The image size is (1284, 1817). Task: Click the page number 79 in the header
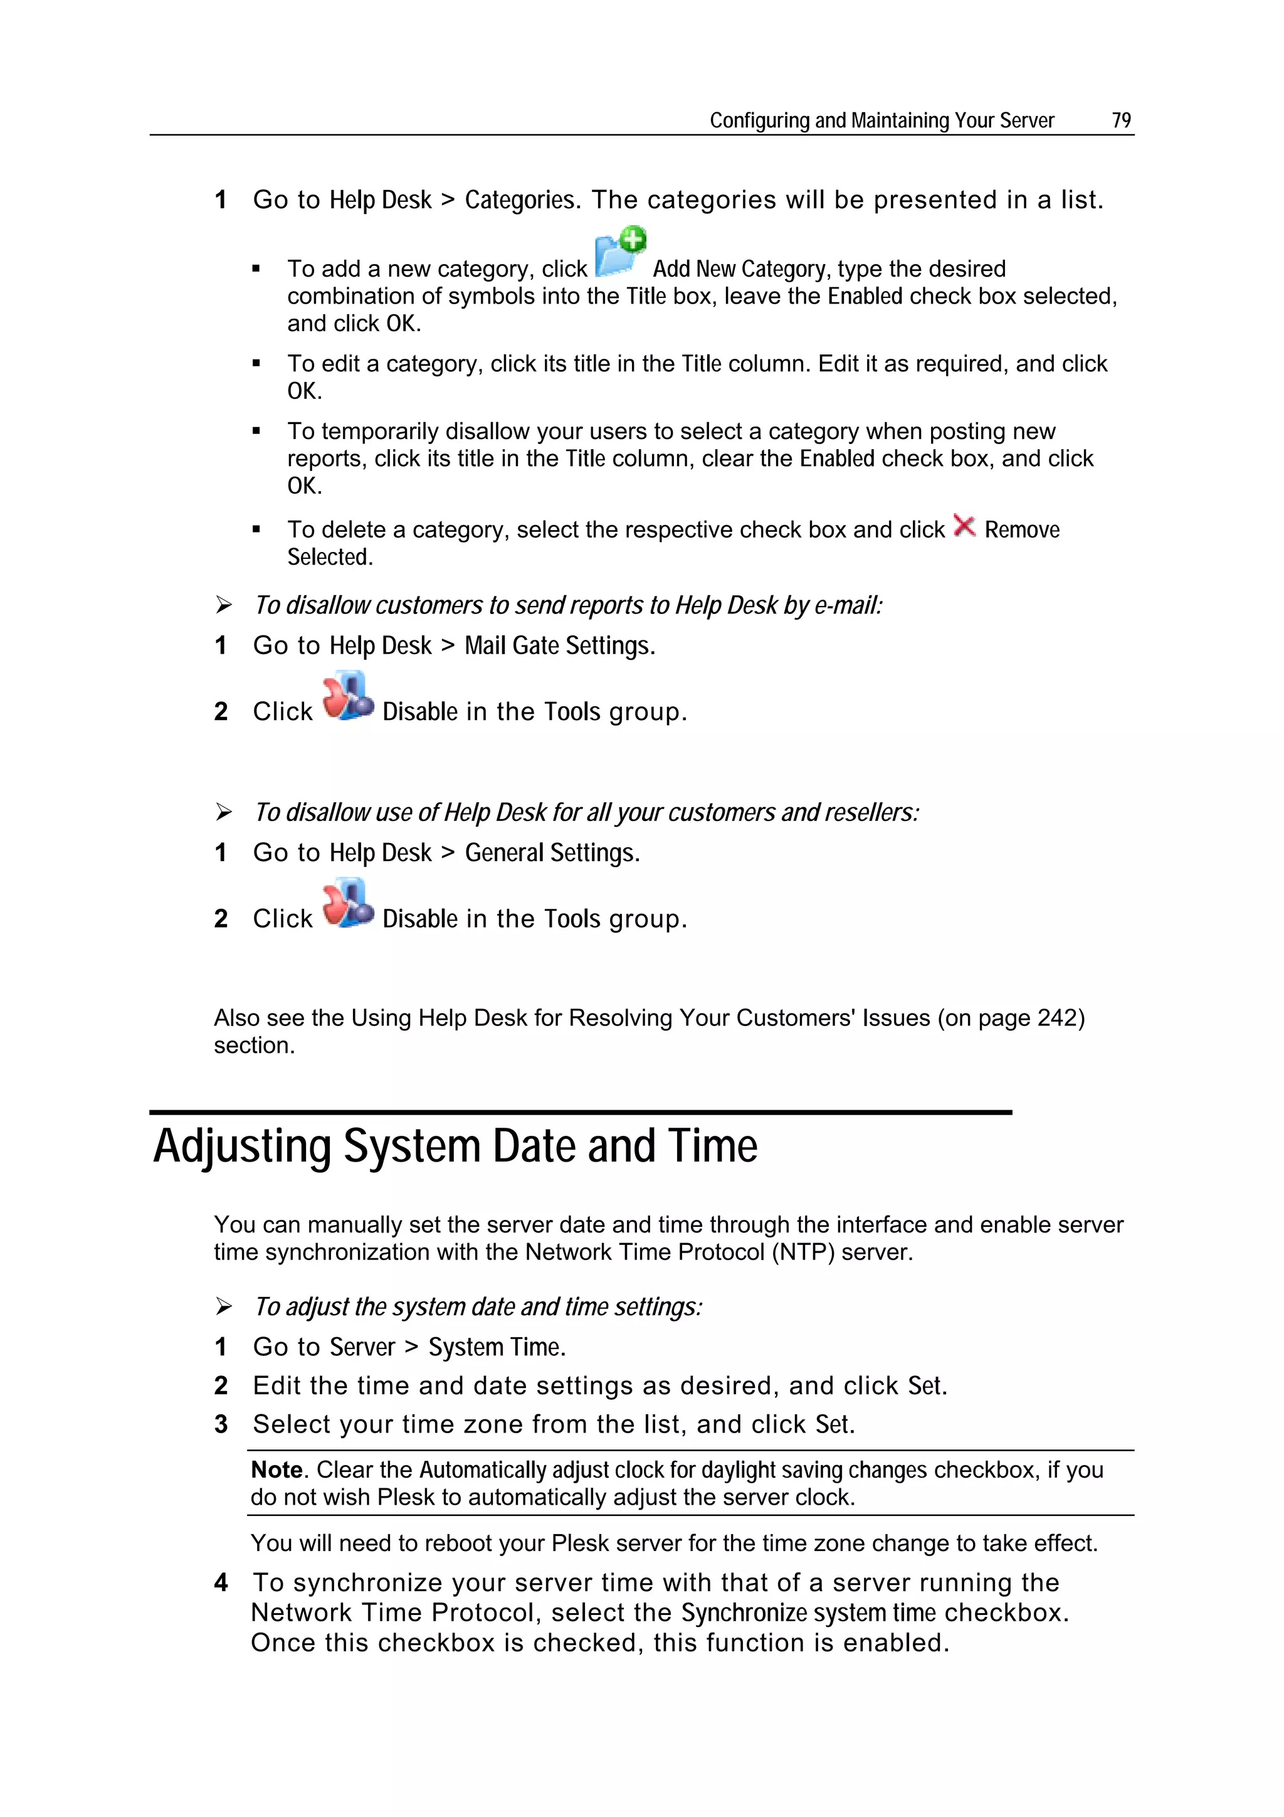click(1121, 120)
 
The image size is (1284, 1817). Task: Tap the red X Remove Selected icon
click(964, 526)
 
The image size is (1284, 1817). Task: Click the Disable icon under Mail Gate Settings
click(347, 696)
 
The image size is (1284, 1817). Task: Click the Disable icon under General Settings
click(347, 903)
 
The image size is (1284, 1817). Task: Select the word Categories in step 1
click(520, 200)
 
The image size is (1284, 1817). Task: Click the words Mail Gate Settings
click(559, 646)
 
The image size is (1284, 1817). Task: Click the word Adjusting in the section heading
click(242, 1147)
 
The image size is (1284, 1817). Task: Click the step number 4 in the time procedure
click(221, 1583)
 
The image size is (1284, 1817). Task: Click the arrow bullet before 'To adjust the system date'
click(224, 1306)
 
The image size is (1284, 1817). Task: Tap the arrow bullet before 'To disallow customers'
click(224, 605)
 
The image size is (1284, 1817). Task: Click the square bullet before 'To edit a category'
click(256, 364)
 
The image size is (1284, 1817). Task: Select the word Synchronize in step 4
click(744, 1613)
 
